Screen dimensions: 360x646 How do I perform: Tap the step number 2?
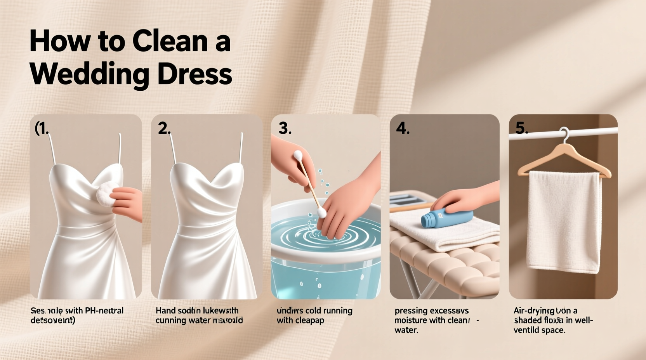tap(164, 128)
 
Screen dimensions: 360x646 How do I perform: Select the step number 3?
tap(285, 128)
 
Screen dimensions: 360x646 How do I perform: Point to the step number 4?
tap(402, 128)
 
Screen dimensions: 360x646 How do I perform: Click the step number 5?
tap(521, 128)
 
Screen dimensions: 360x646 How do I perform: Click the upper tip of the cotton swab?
tap(298, 156)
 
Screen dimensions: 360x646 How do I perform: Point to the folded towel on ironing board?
tap(443, 233)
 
